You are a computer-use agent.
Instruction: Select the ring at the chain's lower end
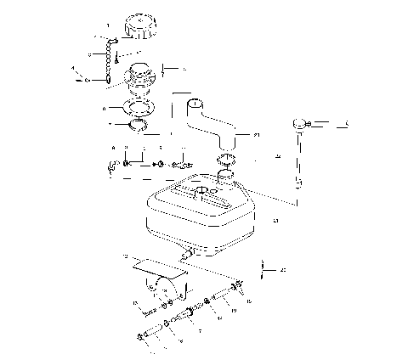click(110, 81)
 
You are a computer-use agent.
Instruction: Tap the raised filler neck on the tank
click(225, 178)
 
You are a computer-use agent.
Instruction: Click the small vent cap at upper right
click(299, 125)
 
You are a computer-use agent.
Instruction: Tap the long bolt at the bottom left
click(151, 335)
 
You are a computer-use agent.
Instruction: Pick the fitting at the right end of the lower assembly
click(237, 289)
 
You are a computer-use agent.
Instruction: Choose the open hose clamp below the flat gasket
click(139, 128)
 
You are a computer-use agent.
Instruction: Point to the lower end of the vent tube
click(298, 182)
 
